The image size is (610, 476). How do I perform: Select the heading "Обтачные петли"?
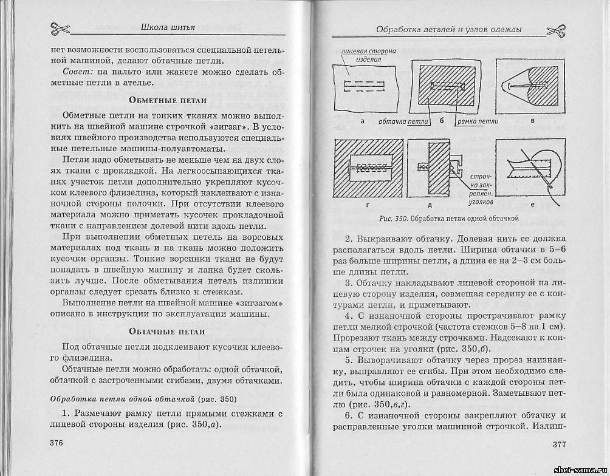tap(168, 331)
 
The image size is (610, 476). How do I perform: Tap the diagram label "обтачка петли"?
tap(403, 121)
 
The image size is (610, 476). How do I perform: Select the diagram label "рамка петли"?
tap(478, 121)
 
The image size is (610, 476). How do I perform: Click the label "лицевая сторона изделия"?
tap(369, 55)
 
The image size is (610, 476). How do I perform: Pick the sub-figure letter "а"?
tap(362, 121)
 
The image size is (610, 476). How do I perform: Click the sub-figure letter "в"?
tap(532, 121)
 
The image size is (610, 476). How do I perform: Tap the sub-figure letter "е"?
tap(532, 206)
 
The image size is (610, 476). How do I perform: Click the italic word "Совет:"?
tap(77, 72)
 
